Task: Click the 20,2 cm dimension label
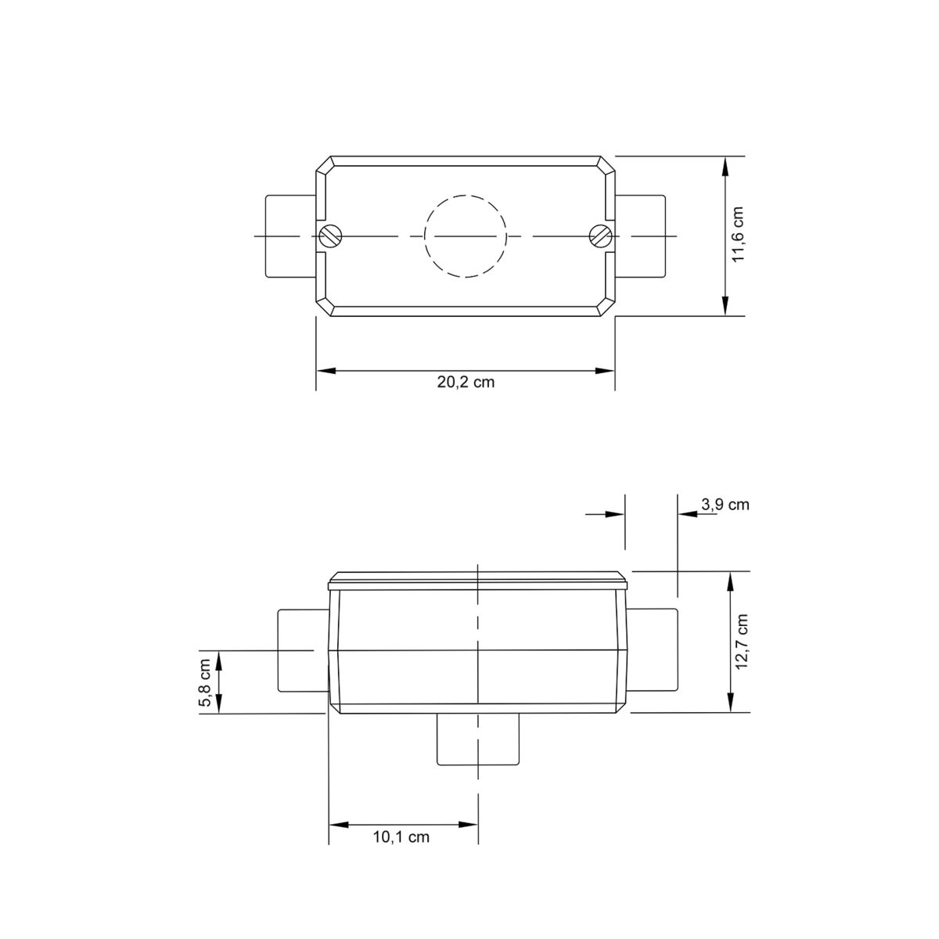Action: (x=466, y=383)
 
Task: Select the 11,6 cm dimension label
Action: (x=739, y=236)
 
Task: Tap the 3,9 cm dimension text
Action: (x=725, y=505)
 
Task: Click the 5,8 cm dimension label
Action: (x=204, y=682)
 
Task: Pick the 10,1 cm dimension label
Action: (x=401, y=837)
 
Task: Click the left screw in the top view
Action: (x=329, y=235)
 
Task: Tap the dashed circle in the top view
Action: (x=466, y=235)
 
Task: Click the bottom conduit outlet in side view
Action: (x=477, y=739)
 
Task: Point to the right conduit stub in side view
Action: (x=653, y=650)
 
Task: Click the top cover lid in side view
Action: (x=478, y=580)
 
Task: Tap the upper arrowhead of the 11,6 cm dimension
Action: (x=727, y=165)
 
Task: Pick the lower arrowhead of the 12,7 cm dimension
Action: (x=731, y=703)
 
